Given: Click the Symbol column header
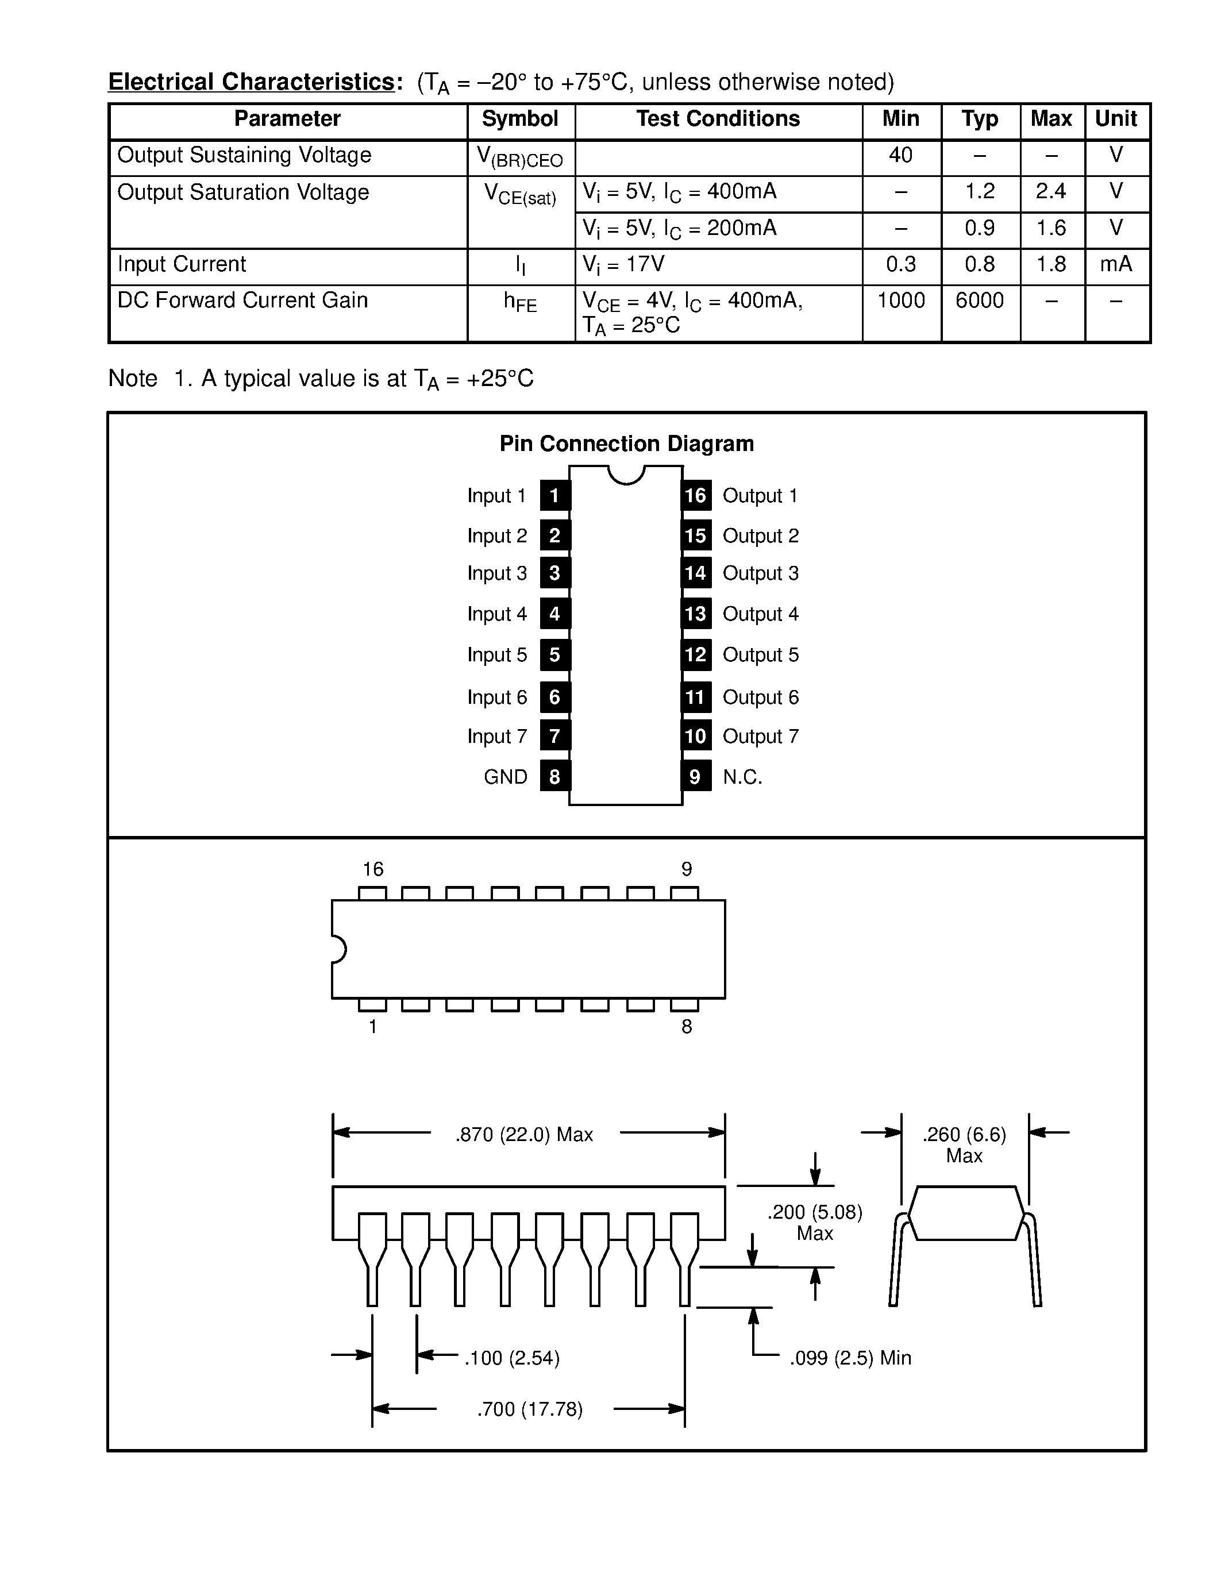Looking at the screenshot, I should pyautogui.click(x=519, y=120).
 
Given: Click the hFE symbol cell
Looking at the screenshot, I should pyautogui.click(x=519, y=302).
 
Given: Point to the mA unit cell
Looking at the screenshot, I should pyautogui.click(x=1115, y=265).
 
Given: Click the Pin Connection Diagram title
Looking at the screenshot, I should pyautogui.click(x=626, y=444).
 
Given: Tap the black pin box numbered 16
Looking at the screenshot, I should pyautogui.click(x=695, y=496).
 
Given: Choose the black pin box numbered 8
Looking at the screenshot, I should pyautogui.click(x=555, y=776).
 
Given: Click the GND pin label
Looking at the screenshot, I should pyautogui.click(x=505, y=777).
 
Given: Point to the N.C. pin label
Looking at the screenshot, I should pyautogui.click(x=742, y=777).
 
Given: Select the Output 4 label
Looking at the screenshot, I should pyautogui.click(x=760, y=614).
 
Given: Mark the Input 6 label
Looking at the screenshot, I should pyautogui.click(x=497, y=697).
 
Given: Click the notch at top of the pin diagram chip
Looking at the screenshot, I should pyautogui.click(x=626, y=475).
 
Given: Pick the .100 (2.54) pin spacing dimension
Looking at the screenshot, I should pyautogui.click(x=512, y=1358).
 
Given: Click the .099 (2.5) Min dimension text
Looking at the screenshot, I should pyautogui.click(x=850, y=1358).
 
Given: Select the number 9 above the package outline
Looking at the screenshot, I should pyautogui.click(x=687, y=869).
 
